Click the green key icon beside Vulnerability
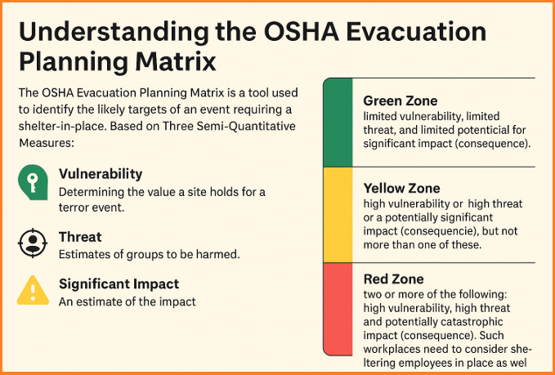pos(33,182)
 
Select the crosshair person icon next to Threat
pos(33,243)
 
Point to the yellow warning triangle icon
pos(33,291)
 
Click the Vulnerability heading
pos(101,174)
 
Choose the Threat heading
pos(80,237)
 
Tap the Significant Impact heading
pos(119,283)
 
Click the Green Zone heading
pos(401,100)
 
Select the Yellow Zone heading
pos(401,188)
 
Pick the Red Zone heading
pos(394,279)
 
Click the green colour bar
pos(338,123)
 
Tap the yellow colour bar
pos(338,215)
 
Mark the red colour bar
pos(338,309)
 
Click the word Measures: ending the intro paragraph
pos(46,143)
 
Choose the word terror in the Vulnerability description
pos(74,208)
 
